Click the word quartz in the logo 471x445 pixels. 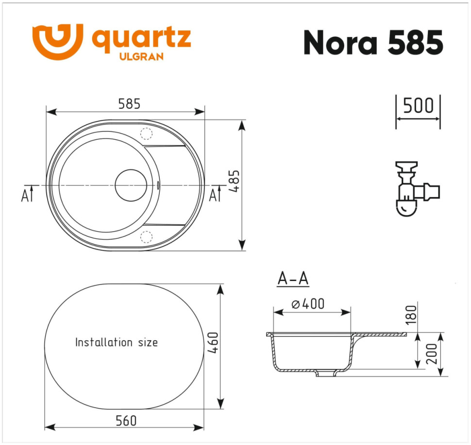(x=141, y=39)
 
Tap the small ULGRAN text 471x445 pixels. (x=141, y=57)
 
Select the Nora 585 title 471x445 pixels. (x=373, y=43)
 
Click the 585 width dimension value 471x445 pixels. (x=129, y=104)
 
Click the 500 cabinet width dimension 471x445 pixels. (x=418, y=105)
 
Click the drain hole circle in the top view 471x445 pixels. (x=131, y=185)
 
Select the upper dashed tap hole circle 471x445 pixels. (x=146, y=133)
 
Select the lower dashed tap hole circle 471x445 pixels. (x=146, y=237)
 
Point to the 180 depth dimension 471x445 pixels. (x=411, y=314)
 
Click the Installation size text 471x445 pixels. (x=117, y=342)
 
